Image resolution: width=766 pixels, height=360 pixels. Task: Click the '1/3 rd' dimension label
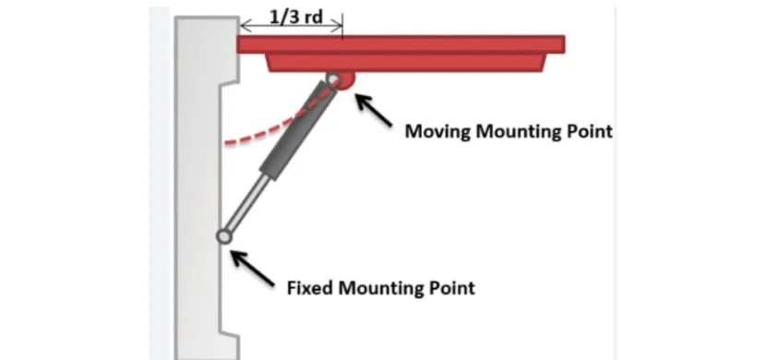pos(292,15)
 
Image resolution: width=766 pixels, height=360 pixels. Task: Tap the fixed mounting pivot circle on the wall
pos(223,237)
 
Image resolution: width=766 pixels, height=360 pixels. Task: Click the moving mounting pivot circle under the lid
pos(332,81)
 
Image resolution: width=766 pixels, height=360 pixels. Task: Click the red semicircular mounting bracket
pos(345,81)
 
